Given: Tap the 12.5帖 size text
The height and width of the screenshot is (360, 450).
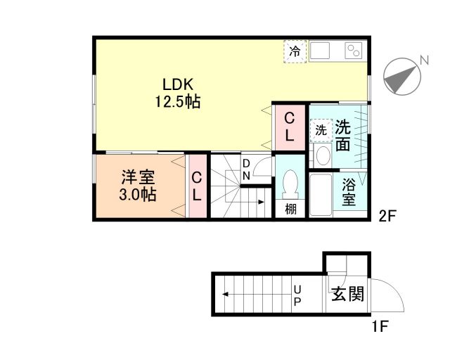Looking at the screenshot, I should click(178, 101).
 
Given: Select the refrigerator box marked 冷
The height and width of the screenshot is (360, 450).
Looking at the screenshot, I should click(295, 51).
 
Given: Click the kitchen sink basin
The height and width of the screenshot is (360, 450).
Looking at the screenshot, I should click(321, 51).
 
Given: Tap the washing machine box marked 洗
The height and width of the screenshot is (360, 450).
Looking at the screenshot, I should click(321, 130).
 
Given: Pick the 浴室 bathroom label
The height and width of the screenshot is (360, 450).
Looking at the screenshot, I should click(348, 193).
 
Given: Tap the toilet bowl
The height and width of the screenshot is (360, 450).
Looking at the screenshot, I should click(289, 186).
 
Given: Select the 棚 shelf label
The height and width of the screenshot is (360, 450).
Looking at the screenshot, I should click(290, 210).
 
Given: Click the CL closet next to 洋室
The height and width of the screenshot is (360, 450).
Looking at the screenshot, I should click(197, 186).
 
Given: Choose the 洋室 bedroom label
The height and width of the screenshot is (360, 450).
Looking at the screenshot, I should click(137, 177).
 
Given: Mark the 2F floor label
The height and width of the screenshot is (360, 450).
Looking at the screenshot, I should click(388, 216).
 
